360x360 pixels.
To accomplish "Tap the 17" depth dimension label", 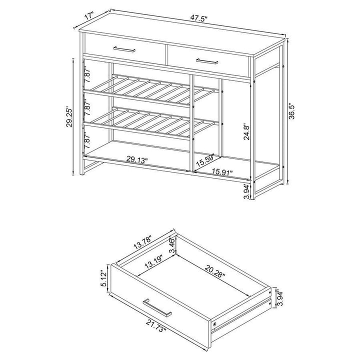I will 90,15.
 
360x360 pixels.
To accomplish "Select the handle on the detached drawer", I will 157,307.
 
